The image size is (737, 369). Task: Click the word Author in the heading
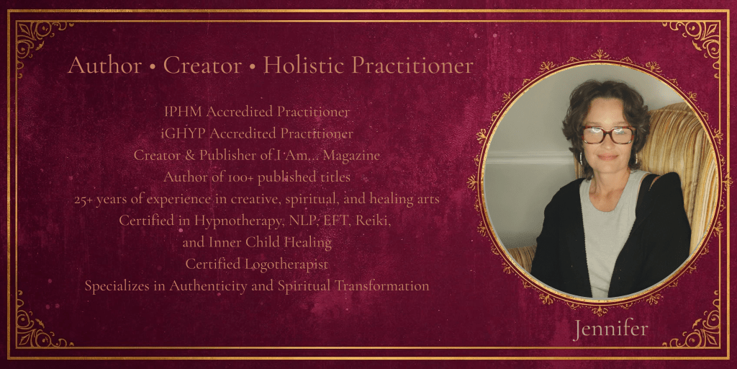104,66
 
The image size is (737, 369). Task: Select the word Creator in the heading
202,66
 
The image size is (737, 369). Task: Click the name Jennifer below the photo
610,329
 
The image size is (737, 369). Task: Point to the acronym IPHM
184,112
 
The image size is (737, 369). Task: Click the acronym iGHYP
184,134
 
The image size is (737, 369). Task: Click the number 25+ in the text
85,200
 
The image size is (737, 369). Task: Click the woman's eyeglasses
608,135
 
